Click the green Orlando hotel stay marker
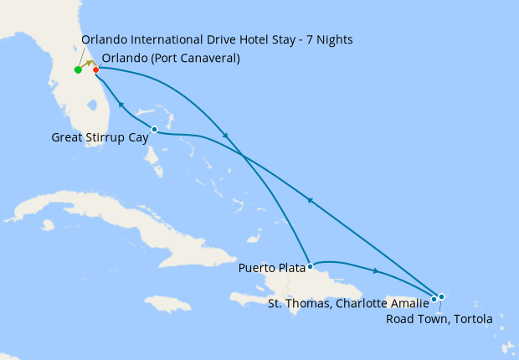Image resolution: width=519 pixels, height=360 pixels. click(77, 69)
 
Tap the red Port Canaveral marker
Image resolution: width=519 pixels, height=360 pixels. click(95, 69)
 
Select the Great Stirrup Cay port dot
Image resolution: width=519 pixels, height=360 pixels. click(154, 129)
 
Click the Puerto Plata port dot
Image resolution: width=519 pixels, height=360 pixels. click(310, 267)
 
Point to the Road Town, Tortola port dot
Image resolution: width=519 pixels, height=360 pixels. click(441, 296)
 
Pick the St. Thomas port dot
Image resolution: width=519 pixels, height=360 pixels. click(434, 299)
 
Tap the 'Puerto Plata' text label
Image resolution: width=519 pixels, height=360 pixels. click(271, 269)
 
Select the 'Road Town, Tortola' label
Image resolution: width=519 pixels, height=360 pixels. click(439, 318)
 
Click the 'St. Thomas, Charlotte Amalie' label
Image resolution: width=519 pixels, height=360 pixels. click(348, 303)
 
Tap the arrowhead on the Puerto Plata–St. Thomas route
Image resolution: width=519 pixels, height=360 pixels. click(376, 270)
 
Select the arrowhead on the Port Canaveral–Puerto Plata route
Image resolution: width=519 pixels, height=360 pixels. click(224, 136)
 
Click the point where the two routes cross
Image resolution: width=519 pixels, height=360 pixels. click(243, 157)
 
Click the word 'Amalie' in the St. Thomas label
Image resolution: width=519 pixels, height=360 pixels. click(409, 303)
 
